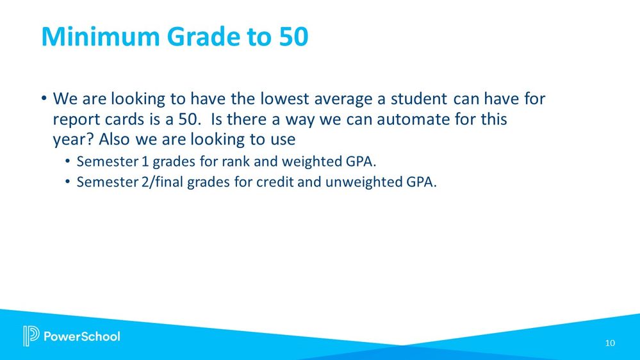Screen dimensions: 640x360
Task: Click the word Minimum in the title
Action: tap(101, 37)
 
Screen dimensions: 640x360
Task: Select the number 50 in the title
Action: tap(294, 37)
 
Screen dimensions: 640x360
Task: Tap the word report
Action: tap(76, 120)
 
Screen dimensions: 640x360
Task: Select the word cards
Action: tap(124, 119)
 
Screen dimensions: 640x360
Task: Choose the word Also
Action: tap(114, 139)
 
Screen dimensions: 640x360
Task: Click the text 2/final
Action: tap(163, 182)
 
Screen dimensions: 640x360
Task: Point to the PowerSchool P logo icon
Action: tap(31, 336)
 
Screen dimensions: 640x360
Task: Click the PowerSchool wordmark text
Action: tap(81, 336)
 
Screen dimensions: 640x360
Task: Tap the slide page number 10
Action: tap(610, 343)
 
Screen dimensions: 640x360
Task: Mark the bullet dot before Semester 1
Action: tap(67, 161)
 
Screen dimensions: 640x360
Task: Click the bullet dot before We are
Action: tap(44, 99)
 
